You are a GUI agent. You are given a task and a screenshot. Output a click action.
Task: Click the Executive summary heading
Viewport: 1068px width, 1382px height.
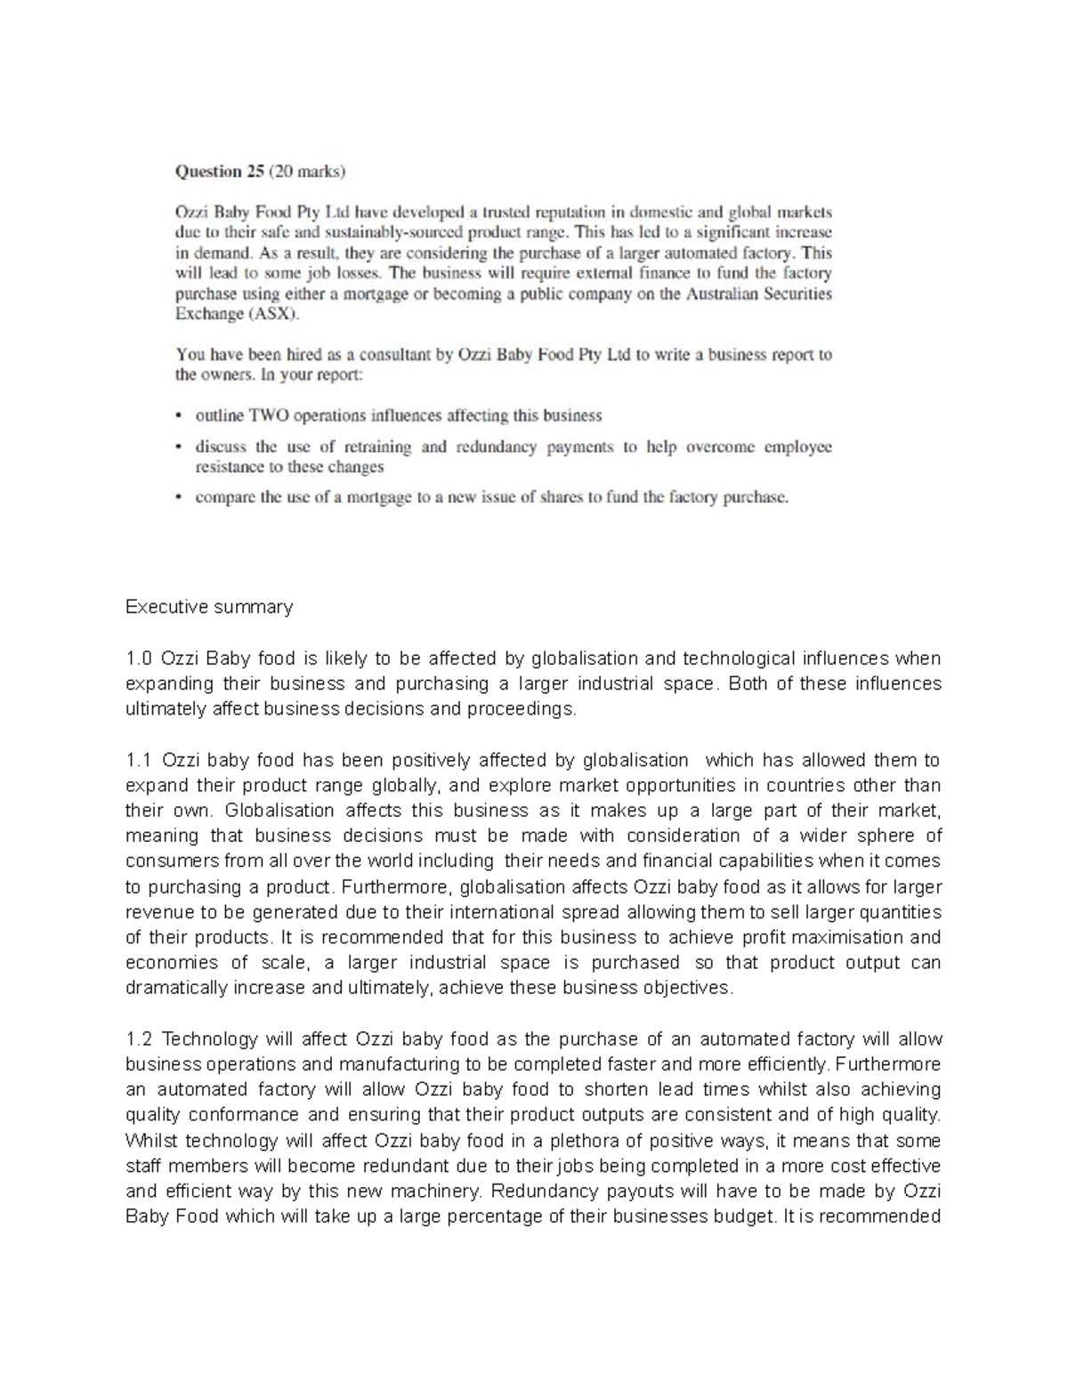coord(209,607)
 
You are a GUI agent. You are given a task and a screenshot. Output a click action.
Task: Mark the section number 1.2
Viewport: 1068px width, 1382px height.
coord(140,1039)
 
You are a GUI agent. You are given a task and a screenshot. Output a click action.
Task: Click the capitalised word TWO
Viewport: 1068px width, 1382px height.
coord(267,416)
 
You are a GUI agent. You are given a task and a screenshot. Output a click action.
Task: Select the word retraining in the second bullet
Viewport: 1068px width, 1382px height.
coord(378,447)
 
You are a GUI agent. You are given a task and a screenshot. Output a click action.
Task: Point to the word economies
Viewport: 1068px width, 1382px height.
coord(172,963)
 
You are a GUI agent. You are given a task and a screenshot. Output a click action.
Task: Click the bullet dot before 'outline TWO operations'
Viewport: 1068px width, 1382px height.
coord(179,416)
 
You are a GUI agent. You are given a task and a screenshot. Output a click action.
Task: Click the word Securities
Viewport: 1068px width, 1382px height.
coord(794,294)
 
